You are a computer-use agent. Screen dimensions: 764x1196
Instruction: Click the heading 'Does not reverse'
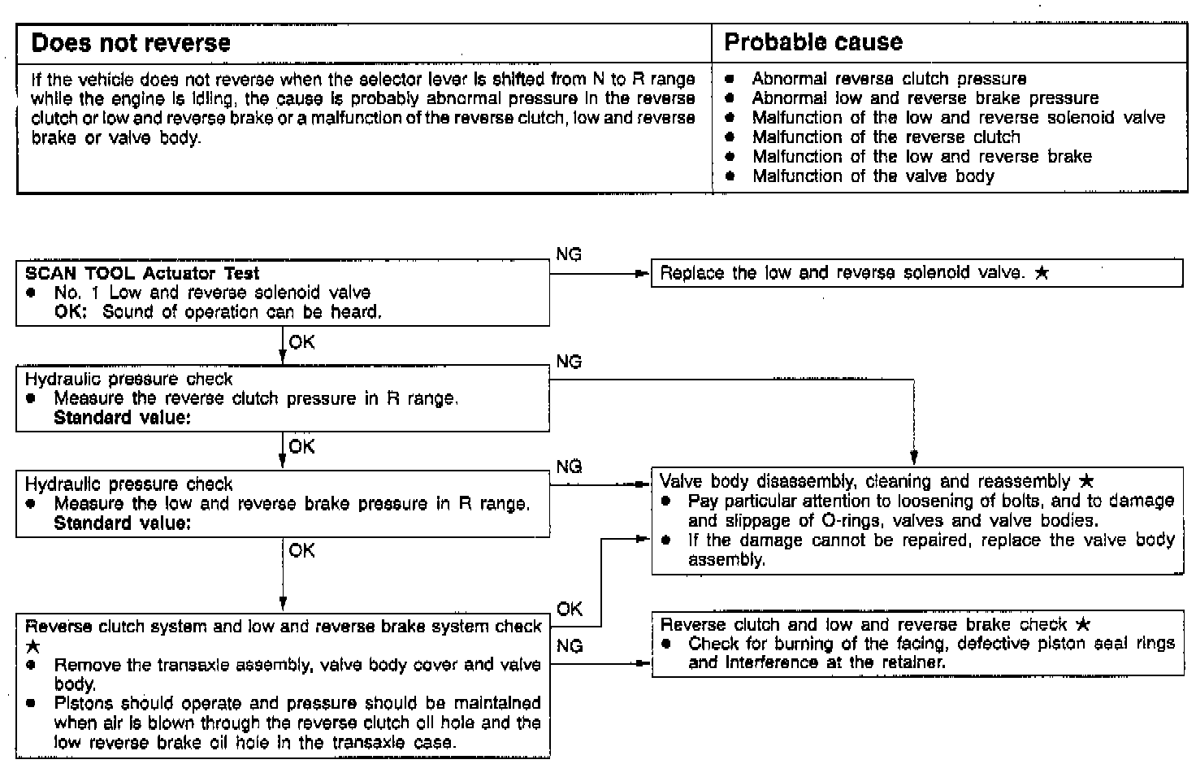pyautogui.click(x=131, y=43)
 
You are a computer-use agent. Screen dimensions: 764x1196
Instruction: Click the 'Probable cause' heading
pyautogui.click(x=812, y=42)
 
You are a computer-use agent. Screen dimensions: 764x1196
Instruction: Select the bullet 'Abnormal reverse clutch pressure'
pyautogui.click(x=888, y=79)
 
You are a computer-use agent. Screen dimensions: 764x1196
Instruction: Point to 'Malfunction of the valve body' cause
pyautogui.click(x=873, y=176)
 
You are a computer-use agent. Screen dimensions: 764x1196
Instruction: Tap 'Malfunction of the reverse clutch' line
pyautogui.click(x=886, y=137)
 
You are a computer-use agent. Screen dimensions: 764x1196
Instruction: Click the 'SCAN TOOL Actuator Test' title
pyautogui.click(x=142, y=273)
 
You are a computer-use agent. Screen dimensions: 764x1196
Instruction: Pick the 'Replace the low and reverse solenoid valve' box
pyautogui.click(x=916, y=274)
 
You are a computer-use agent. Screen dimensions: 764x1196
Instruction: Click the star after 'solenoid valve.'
pyautogui.click(x=1042, y=273)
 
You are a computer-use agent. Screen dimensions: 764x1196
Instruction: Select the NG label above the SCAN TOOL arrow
pyautogui.click(x=569, y=254)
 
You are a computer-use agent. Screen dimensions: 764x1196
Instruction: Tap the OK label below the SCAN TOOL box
pyautogui.click(x=301, y=342)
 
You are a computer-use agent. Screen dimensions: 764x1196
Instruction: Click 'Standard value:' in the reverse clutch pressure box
pyautogui.click(x=122, y=418)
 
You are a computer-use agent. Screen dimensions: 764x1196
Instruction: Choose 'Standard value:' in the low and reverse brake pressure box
pyautogui.click(x=122, y=523)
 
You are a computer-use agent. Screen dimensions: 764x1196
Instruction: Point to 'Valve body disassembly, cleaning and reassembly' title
pyautogui.click(x=864, y=481)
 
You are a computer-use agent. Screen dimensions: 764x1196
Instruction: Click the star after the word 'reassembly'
pyautogui.click(x=1087, y=481)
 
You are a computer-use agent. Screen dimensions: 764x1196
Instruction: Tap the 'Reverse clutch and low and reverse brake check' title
pyautogui.click(x=863, y=624)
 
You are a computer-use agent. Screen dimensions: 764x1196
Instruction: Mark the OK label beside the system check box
pyautogui.click(x=570, y=609)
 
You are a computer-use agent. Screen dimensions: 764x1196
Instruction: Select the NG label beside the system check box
pyautogui.click(x=570, y=646)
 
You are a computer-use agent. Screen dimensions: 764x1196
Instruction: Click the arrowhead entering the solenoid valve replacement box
pyautogui.click(x=643, y=274)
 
